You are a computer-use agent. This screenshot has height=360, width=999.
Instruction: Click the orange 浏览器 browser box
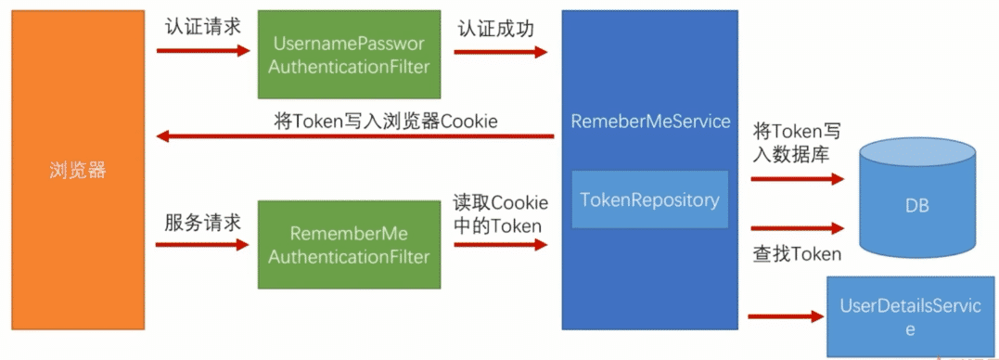pos(78,171)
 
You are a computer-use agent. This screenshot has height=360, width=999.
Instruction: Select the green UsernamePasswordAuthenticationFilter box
pos(348,55)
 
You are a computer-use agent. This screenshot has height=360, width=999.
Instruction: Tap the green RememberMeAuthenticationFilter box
pos(349,244)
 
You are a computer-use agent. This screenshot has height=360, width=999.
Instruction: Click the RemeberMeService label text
pos(650,122)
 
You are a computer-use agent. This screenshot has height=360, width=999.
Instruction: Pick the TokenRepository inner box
pos(649,199)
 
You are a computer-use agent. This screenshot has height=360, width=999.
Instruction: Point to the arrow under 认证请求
pos(202,50)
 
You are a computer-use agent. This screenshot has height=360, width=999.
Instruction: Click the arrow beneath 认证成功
pos(500,52)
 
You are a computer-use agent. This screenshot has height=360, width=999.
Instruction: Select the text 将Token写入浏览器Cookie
pos(386,121)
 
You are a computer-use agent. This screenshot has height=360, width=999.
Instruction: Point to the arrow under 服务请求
pos(202,245)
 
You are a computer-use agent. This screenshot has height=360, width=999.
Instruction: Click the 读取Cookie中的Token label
pos(500,213)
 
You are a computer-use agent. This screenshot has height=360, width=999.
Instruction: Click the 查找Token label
pos(797,253)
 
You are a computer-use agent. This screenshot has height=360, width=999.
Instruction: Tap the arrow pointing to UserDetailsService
pos(785,316)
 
